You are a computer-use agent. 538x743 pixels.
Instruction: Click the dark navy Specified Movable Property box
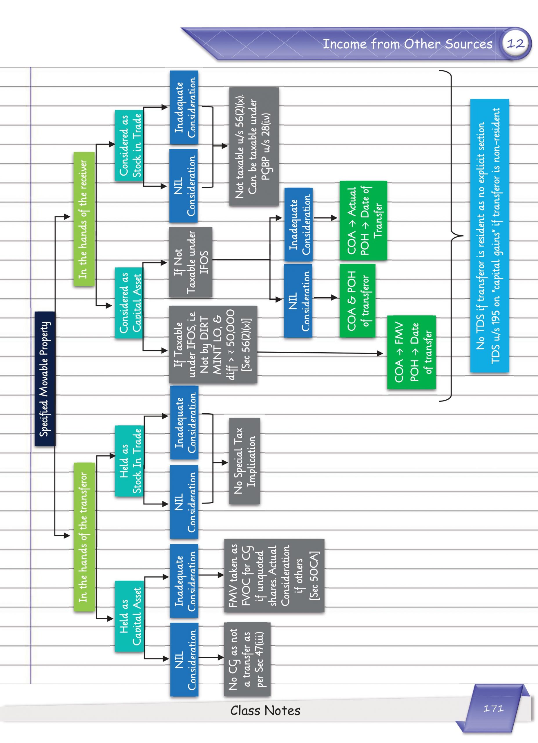click(45, 378)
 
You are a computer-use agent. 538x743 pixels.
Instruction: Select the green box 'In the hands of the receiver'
click(84, 219)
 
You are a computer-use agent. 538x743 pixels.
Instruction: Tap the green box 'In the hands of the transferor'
click(84, 537)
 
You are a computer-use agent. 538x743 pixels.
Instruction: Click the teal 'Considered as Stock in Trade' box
click(129, 145)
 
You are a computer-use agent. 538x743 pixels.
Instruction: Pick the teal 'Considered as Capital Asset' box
click(129, 303)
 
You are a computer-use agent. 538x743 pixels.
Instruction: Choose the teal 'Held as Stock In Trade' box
click(129, 461)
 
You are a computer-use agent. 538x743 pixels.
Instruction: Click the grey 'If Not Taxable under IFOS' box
click(191, 262)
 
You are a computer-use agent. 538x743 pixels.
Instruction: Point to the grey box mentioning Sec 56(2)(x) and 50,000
click(213, 344)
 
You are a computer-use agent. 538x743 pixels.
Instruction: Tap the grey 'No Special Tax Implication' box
click(244, 461)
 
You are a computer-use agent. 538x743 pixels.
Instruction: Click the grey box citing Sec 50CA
click(274, 575)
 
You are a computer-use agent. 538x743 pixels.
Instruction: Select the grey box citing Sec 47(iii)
click(247, 659)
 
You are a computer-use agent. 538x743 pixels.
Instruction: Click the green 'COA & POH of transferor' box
click(357, 300)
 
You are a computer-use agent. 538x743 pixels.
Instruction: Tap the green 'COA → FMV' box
click(411, 352)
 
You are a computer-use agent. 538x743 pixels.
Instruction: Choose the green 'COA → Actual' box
click(363, 221)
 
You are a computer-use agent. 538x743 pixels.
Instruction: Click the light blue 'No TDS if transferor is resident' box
click(489, 236)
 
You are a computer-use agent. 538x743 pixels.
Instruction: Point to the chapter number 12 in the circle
click(515, 43)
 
